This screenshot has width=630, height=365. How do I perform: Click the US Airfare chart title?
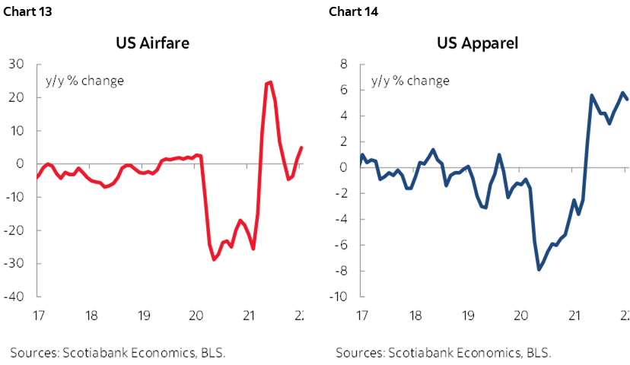point(151,43)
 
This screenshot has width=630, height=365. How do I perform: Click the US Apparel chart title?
point(477,43)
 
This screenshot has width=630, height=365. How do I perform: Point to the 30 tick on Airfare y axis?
point(15,65)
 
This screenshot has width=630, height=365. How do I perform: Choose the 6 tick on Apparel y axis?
point(343,90)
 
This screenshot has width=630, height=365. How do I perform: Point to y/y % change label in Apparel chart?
point(410,81)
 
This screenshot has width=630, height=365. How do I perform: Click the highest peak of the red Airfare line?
point(270,82)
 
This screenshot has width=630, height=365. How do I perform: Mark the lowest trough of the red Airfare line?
point(214,260)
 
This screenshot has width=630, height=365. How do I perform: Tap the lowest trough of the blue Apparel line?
point(539,269)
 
